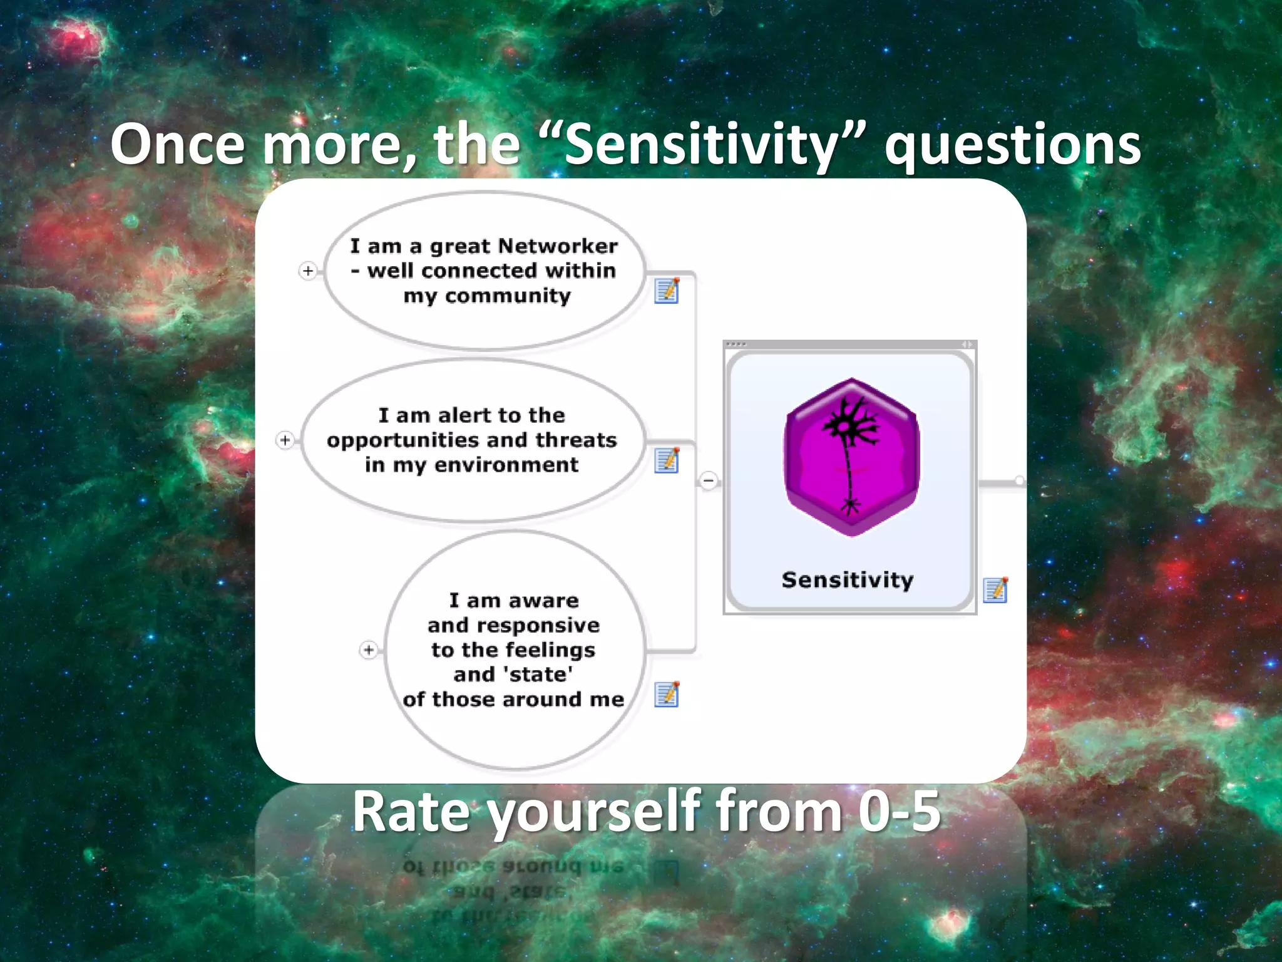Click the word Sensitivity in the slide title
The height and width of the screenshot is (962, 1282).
[700, 145]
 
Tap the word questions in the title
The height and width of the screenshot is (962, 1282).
[1012, 145]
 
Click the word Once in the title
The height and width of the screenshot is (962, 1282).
[177, 145]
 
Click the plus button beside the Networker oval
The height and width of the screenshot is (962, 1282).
[308, 271]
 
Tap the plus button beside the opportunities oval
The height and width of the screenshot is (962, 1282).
[285, 440]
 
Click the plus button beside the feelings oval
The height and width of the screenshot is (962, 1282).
[369, 650]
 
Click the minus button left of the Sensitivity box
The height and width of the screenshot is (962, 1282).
[709, 481]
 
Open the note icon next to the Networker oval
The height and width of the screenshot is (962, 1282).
[667, 291]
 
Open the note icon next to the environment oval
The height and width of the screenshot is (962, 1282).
[667, 460]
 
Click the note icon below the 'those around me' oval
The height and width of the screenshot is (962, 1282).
[667, 694]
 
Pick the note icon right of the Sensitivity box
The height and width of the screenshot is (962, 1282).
[995, 589]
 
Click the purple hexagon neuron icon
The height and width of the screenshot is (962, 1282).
[851, 457]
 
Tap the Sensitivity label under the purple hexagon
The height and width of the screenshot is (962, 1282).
[848, 580]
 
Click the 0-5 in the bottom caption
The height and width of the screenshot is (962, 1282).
[899, 811]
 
